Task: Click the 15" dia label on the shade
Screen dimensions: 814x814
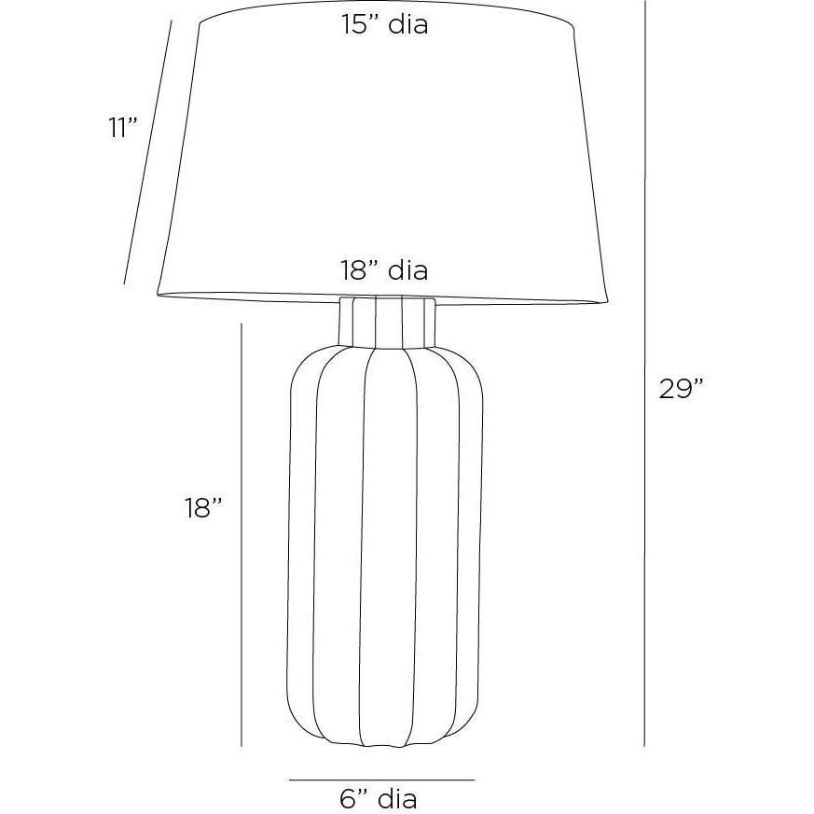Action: click(385, 24)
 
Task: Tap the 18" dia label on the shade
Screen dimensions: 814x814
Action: click(384, 270)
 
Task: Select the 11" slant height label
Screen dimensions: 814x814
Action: click(124, 128)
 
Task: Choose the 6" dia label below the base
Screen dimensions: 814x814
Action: click(379, 798)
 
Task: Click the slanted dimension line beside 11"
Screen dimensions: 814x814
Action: click(147, 152)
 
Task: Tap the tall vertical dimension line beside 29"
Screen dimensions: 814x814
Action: click(644, 373)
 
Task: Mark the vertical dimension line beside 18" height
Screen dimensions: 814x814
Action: click(241, 534)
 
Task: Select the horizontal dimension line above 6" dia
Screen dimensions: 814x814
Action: click(382, 780)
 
